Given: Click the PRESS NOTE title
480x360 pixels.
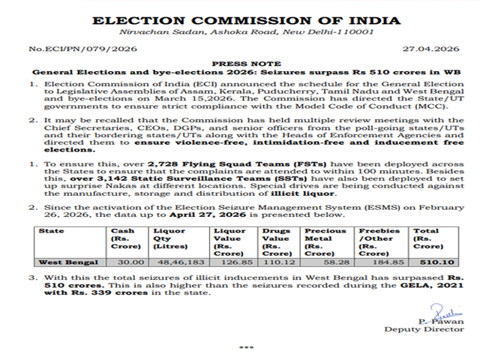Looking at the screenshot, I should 240,65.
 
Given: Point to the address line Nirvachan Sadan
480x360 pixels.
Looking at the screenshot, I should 240,34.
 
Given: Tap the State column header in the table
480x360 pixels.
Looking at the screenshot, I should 52,231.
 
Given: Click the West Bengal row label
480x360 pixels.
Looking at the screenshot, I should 69,262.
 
